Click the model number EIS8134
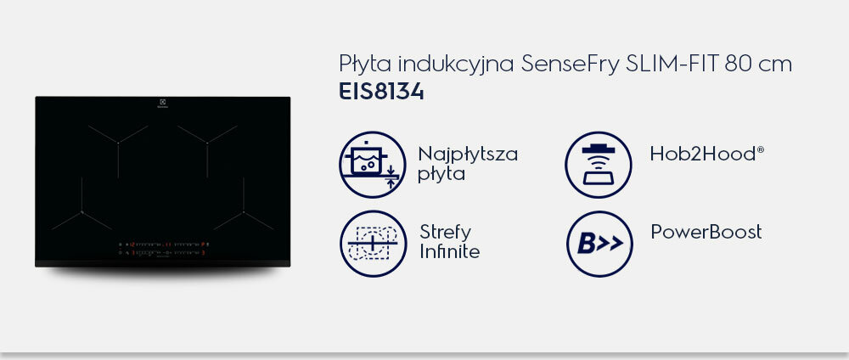tap(381, 92)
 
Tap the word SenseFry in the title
tap(571, 65)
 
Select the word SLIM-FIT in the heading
tap(672, 64)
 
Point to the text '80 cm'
tap(758, 64)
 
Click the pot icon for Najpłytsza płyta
tap(373, 165)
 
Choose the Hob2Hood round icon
tap(599, 165)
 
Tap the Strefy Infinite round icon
tap(373, 244)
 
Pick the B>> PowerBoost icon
tap(599, 244)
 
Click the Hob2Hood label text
tap(706, 154)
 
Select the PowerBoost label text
tap(706, 232)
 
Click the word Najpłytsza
tap(468, 155)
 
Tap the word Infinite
tap(449, 251)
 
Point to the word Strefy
tap(445, 233)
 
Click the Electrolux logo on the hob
tap(162, 103)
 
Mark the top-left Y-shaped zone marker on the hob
tap(118, 143)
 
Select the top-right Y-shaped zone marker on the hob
tap(207, 143)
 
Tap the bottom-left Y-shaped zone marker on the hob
tap(82, 211)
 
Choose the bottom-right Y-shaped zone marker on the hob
tap(244, 211)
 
